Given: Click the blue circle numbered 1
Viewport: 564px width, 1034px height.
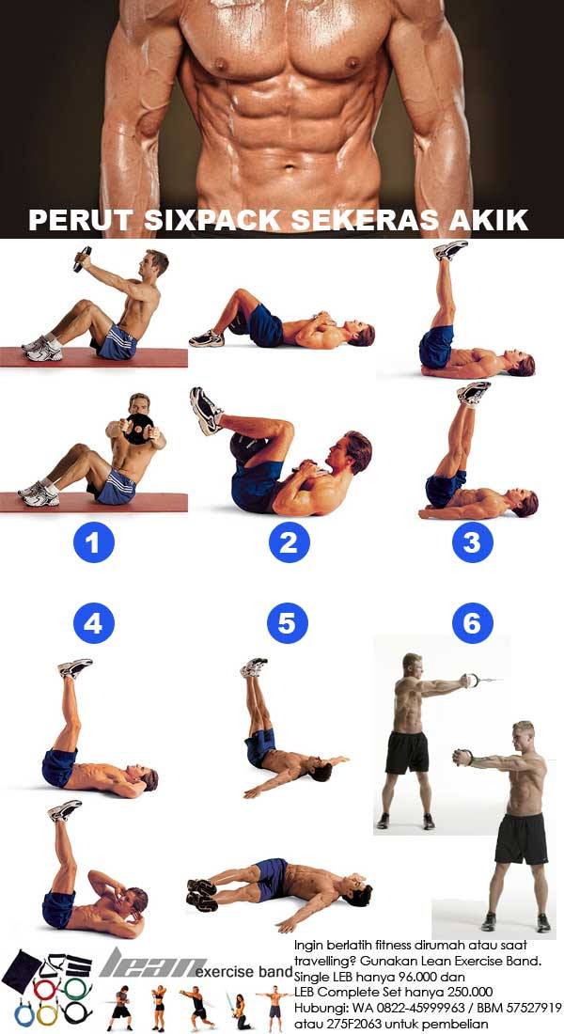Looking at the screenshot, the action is pos(94,542).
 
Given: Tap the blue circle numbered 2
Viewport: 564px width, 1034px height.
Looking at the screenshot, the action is pos(289,542).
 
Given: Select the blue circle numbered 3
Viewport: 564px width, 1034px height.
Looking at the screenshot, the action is pos(472,542).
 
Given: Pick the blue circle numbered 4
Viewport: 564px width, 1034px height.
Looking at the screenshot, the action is pos(94,623).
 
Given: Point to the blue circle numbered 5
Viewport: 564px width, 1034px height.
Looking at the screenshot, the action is pos(288,623).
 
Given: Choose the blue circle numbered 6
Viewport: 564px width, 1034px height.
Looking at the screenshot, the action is pos(472,623).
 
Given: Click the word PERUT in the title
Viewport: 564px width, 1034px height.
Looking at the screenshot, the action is pos(82,220).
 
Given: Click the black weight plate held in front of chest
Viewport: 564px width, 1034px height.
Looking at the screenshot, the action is pos(139,429).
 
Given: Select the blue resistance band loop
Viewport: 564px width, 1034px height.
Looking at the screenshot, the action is pos(23,1014).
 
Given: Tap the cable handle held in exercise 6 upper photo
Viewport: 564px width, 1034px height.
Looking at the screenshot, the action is pos(470,680).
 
